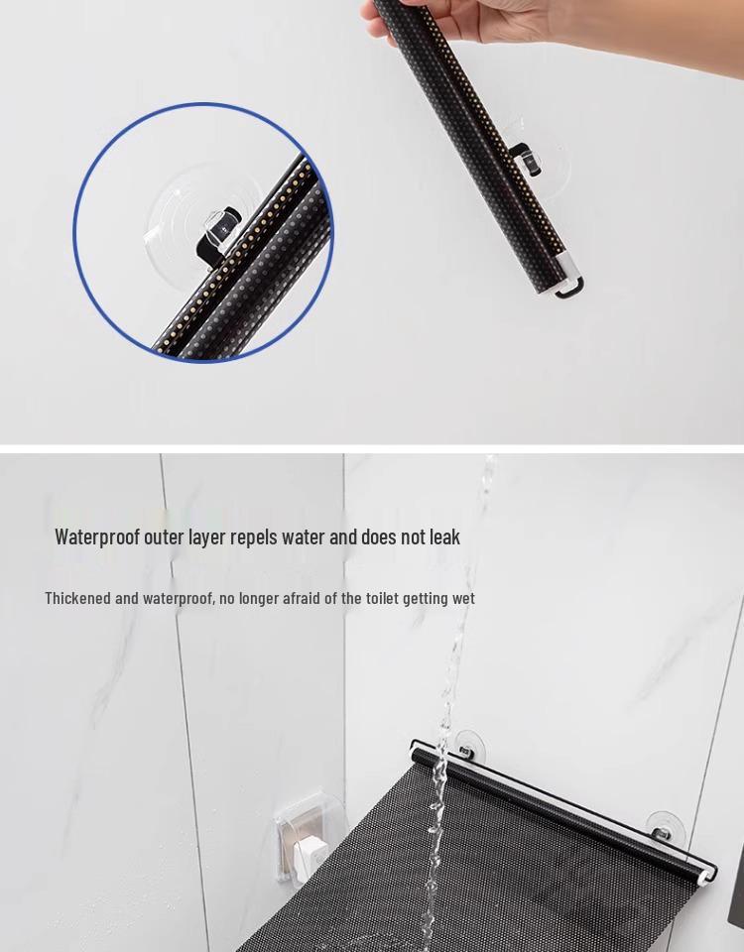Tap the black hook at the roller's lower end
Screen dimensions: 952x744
(569, 289)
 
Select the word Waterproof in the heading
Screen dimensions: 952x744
(97, 536)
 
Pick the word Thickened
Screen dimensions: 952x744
(77, 598)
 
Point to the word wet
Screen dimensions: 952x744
(462, 598)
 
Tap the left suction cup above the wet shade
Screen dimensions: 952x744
(465, 743)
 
